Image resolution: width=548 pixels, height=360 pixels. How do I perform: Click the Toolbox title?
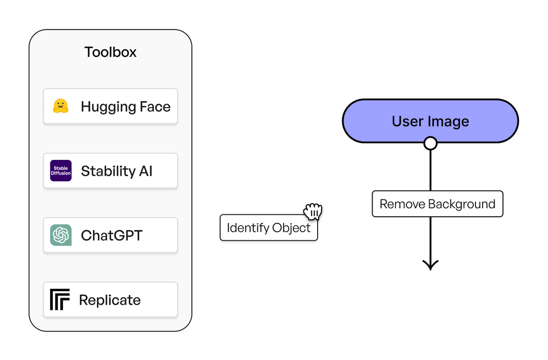coord(110,52)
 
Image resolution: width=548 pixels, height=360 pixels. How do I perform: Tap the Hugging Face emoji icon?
coord(60,106)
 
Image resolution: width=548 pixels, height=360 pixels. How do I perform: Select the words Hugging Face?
coord(125,107)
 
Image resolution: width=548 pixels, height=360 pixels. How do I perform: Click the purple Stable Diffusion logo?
coord(61,171)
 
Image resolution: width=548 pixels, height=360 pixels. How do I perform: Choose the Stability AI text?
coord(117,171)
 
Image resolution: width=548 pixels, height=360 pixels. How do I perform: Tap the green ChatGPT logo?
coord(61,235)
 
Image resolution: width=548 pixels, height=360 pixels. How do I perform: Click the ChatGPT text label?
coord(112,235)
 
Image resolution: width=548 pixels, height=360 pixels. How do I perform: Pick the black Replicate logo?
coord(60,300)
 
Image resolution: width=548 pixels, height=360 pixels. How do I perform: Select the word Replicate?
coord(110,300)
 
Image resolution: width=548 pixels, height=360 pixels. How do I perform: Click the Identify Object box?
coord(268,227)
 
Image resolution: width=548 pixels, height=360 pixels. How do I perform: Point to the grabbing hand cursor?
coord(313,211)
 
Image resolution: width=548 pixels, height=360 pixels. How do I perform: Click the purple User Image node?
coord(430,121)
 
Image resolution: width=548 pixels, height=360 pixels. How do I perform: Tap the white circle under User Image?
coord(430,143)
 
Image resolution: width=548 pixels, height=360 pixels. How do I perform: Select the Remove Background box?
coord(437,204)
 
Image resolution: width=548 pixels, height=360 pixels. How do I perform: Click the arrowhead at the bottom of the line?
coord(430,265)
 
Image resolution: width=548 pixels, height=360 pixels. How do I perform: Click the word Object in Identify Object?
coord(290,227)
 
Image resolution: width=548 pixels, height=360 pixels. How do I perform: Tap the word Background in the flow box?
coord(462,204)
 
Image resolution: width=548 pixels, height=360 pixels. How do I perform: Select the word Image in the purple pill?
coord(449,121)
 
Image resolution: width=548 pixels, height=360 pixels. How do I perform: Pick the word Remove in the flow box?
coord(402,204)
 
